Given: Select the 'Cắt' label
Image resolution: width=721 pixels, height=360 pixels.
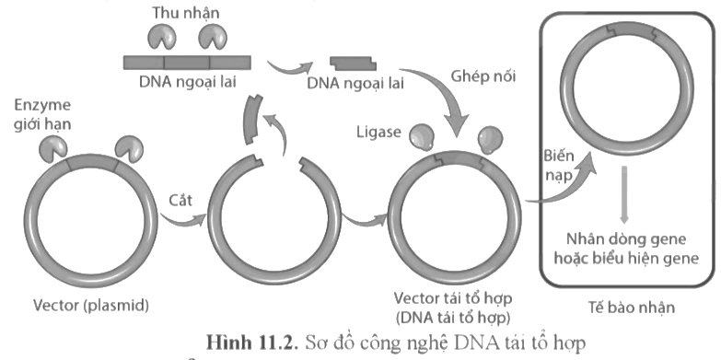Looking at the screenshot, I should (x=181, y=198).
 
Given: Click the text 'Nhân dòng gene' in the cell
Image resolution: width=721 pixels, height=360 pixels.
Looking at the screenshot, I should (x=628, y=238).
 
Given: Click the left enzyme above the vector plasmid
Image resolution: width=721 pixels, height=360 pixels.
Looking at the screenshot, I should (x=52, y=145).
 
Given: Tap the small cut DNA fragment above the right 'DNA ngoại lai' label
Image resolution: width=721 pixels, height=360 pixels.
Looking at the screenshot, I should (x=352, y=63).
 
